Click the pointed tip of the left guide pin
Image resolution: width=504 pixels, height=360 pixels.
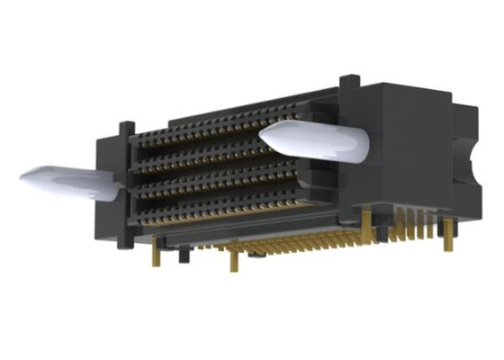(x=22, y=175)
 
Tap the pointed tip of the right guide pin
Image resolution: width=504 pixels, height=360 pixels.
(x=262, y=136)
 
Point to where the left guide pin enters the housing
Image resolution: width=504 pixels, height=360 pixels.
(x=115, y=184)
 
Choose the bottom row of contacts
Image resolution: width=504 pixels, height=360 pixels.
(x=216, y=213)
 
